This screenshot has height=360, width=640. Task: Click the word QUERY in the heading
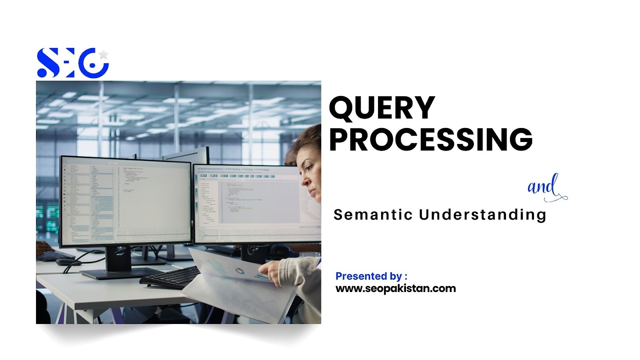click(x=382, y=108)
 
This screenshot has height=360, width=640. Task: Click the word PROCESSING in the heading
click(x=430, y=139)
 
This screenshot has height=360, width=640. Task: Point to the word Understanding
click(x=482, y=215)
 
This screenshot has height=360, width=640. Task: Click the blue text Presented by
click(x=368, y=276)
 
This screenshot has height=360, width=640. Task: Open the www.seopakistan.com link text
click(x=396, y=288)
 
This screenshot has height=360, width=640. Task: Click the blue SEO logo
click(x=72, y=63)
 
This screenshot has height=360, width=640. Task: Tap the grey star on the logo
click(x=104, y=54)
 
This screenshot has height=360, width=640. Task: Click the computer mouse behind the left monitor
click(x=65, y=262)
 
